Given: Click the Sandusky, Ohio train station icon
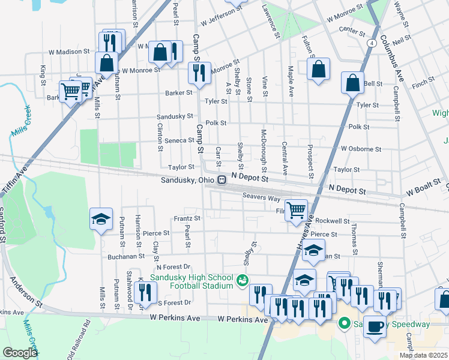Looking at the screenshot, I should click(222, 179).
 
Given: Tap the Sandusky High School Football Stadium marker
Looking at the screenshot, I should click(243, 280).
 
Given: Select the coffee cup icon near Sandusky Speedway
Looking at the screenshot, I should click(376, 327).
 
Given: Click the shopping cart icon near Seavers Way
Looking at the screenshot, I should click(296, 211).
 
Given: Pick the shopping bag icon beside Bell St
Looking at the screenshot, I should click(352, 83).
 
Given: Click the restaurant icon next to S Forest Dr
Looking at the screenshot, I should click(145, 293).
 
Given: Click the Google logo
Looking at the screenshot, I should click(20, 353).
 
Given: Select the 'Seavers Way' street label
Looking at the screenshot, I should click(262, 197).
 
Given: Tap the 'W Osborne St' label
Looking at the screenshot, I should click(361, 148).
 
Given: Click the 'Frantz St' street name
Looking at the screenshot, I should click(187, 218).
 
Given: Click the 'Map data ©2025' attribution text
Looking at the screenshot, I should click(423, 355).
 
